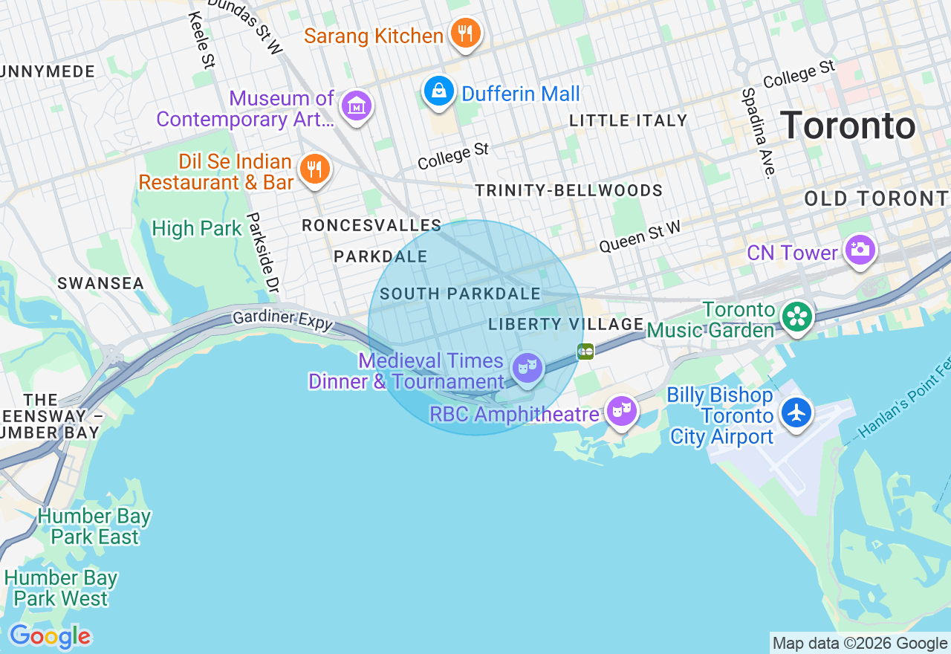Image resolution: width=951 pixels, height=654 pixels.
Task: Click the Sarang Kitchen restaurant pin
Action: click(x=466, y=33)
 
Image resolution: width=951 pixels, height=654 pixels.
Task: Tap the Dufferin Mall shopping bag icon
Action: click(x=439, y=91)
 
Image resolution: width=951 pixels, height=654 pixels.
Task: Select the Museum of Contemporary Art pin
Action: click(x=356, y=106)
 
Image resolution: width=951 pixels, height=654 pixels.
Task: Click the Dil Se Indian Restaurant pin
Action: click(x=315, y=170)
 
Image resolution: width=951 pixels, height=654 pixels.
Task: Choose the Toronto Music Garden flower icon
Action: click(x=796, y=317)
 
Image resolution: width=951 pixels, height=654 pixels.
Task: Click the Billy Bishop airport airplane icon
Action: click(x=796, y=412)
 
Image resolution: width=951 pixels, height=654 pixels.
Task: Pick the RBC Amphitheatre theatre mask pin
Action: click(x=621, y=409)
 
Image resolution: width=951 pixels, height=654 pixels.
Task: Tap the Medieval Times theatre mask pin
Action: click(x=528, y=367)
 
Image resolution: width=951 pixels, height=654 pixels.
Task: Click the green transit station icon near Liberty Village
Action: click(x=585, y=352)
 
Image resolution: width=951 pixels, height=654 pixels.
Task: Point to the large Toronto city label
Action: click(x=848, y=126)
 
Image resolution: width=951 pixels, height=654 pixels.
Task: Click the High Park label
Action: click(x=197, y=228)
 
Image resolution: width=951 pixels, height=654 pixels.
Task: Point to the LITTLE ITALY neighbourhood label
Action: click(x=628, y=120)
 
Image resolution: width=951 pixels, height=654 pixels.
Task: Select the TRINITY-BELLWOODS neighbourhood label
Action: click(x=569, y=190)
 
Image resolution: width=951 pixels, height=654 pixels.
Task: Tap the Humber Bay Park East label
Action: click(x=94, y=526)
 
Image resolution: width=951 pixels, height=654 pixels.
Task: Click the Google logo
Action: click(x=50, y=636)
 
